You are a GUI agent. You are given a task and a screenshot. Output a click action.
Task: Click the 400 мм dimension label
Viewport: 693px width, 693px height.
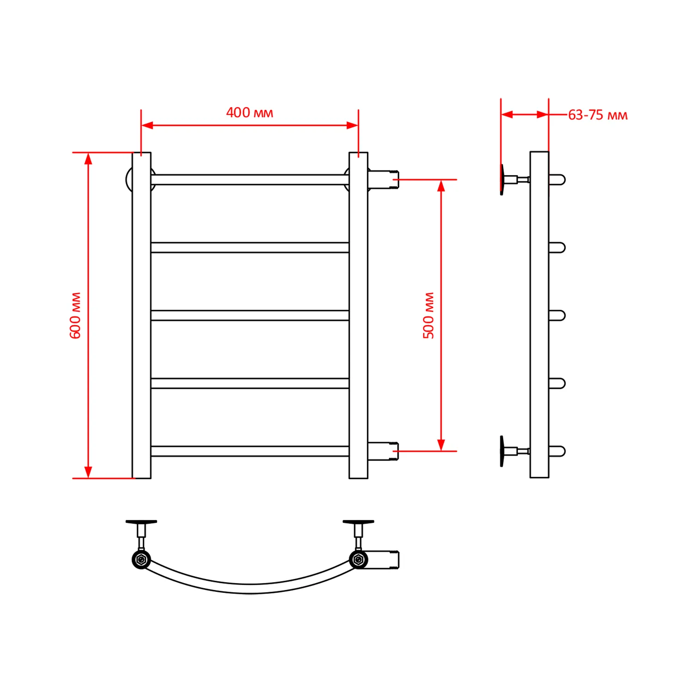[x=249, y=112]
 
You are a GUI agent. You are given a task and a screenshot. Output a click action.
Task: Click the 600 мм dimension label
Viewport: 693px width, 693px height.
[x=75, y=315]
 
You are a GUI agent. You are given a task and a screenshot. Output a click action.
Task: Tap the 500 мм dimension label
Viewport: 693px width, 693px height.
[x=429, y=315]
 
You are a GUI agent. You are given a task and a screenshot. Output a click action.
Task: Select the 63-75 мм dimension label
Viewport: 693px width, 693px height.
[x=598, y=115]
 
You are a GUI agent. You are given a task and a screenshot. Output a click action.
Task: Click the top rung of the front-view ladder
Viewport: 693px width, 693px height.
[x=250, y=180]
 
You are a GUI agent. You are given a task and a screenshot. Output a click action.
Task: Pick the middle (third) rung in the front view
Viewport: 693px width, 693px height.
[x=250, y=316]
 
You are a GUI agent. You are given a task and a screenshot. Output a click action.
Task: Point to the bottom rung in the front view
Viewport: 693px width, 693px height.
[x=250, y=451]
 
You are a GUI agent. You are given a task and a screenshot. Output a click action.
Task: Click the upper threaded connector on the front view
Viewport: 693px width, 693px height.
[x=383, y=180]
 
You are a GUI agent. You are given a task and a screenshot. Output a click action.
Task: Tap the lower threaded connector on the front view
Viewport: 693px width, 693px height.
[x=383, y=451]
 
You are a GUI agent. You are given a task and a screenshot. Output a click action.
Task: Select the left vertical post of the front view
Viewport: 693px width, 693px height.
[x=141, y=316]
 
